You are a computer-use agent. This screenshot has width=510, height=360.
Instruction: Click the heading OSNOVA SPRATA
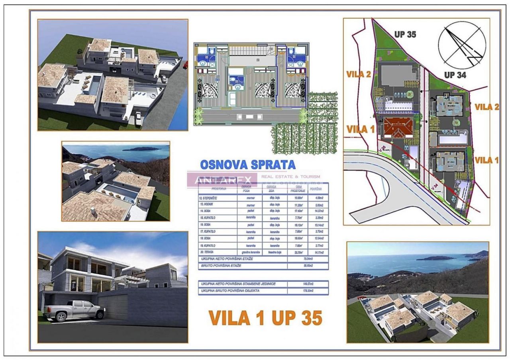(247, 164)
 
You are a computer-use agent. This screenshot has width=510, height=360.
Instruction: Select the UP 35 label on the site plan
(405, 34)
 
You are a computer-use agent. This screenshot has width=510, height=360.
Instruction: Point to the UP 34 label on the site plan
(455, 74)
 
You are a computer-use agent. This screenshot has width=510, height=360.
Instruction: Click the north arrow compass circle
(462, 44)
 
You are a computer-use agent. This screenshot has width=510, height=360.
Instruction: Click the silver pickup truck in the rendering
(75, 310)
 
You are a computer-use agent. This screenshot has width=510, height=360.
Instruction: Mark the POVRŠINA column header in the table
(316, 189)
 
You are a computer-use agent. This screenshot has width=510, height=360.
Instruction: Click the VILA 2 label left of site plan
(359, 74)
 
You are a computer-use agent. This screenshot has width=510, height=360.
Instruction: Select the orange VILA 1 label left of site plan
(360, 129)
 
